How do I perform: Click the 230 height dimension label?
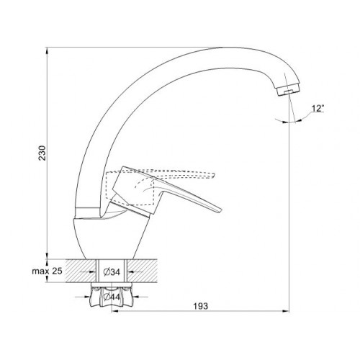42,153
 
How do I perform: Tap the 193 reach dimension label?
201,306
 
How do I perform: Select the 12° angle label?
318,109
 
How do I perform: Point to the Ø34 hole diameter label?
112,272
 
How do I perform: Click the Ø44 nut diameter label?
112,297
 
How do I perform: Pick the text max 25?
47,271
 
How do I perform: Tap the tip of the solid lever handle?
220,210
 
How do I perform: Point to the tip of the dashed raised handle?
213,175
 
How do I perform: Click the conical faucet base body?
111,238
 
